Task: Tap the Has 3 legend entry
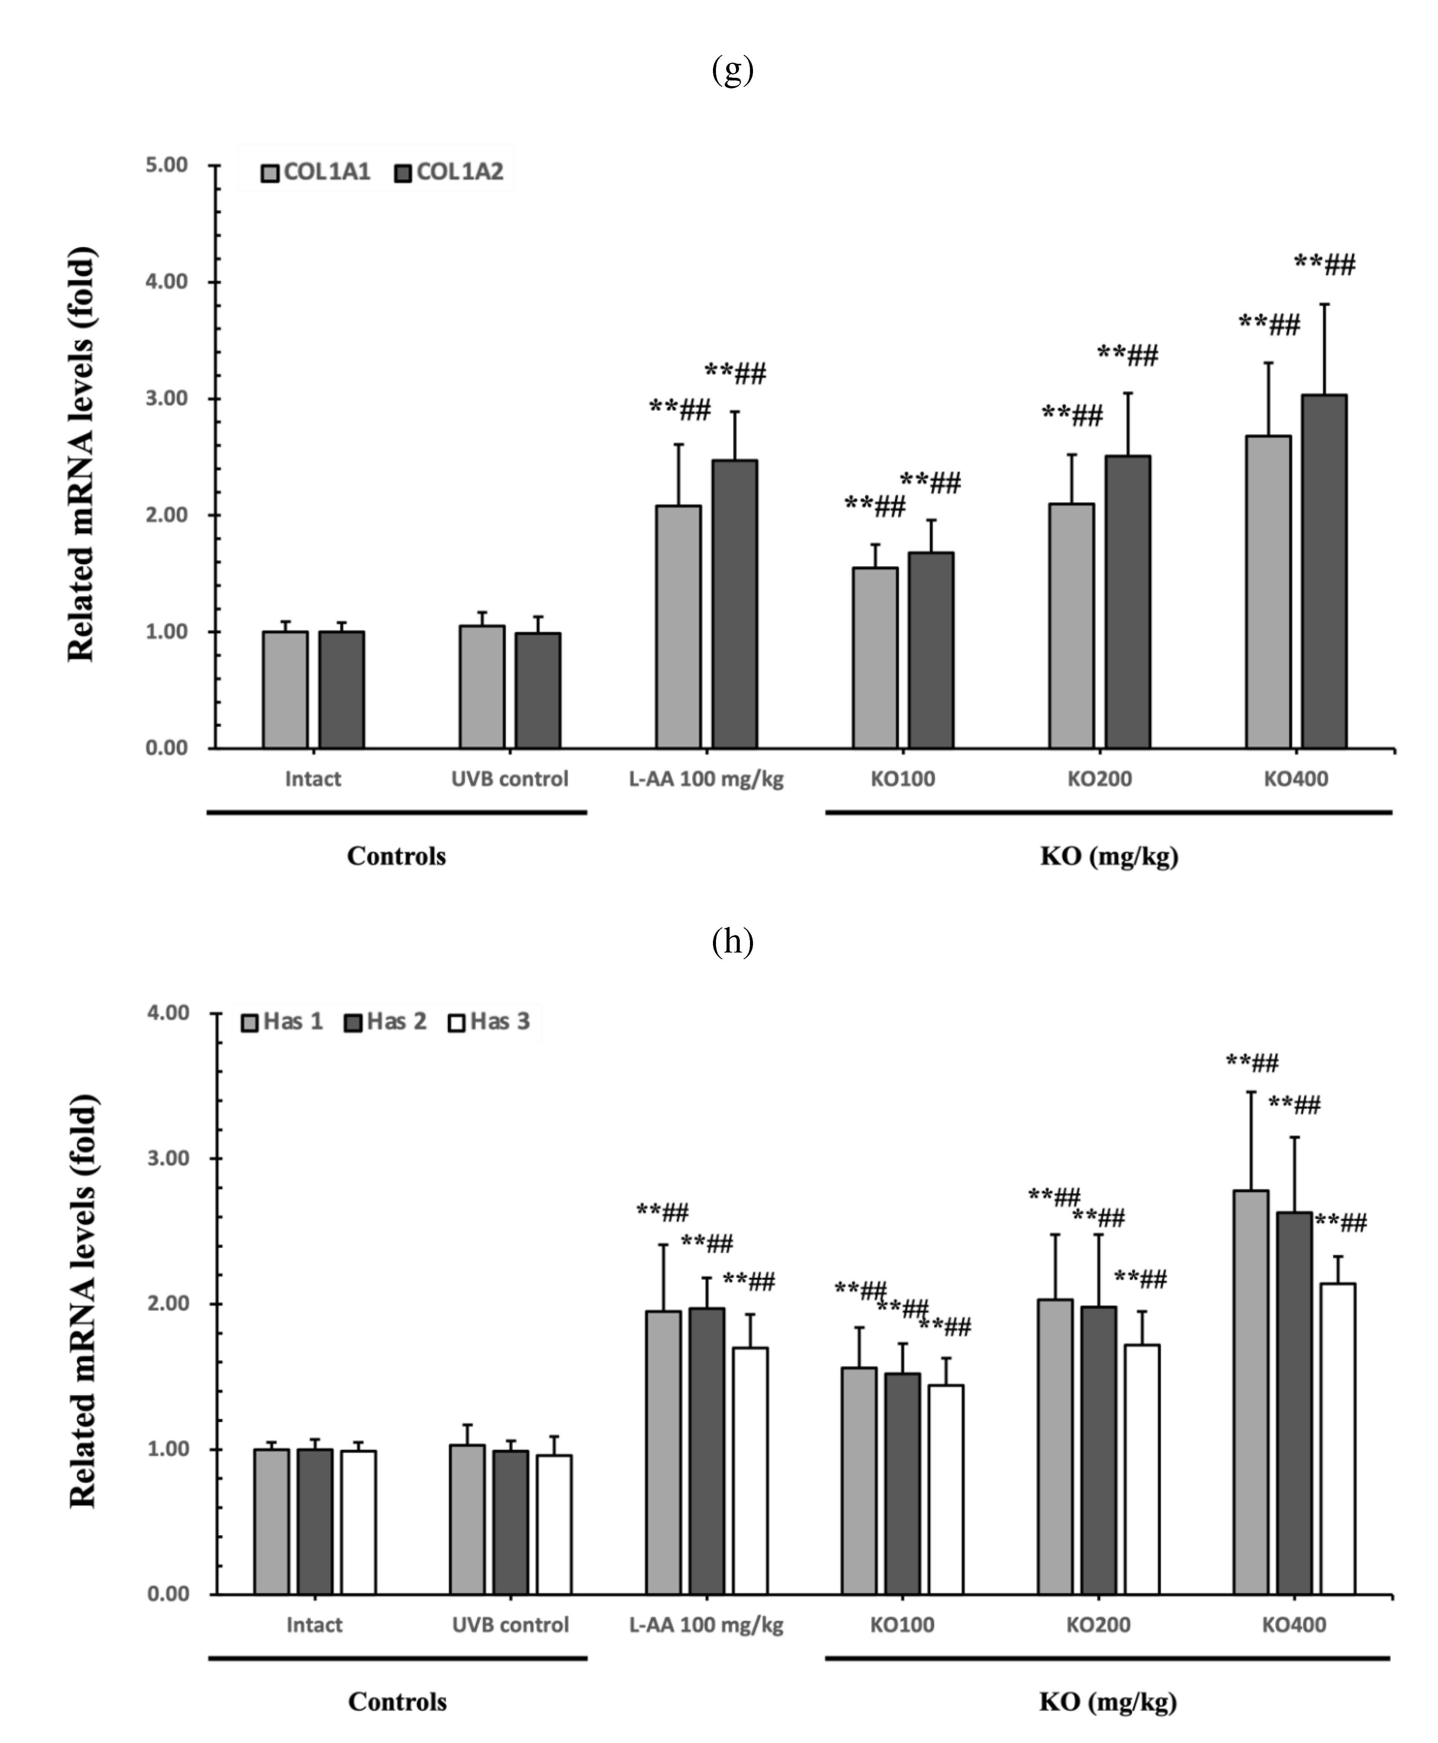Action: [489, 1022]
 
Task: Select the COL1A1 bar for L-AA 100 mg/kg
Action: [677, 627]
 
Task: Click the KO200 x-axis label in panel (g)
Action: [1099, 779]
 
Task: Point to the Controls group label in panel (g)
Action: [396, 856]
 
